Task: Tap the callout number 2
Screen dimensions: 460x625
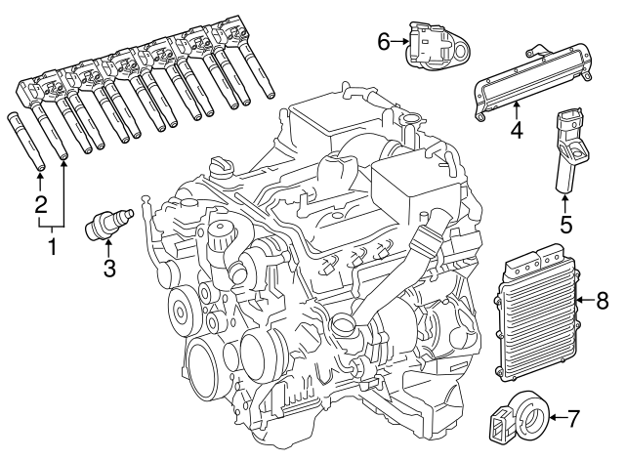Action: (x=40, y=205)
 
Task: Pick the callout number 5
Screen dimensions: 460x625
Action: (x=564, y=224)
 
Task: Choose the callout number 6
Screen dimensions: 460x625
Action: (x=384, y=40)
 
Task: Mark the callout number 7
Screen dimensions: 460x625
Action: (x=573, y=420)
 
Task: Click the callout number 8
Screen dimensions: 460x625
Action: (x=602, y=301)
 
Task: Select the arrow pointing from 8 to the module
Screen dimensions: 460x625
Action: (x=583, y=301)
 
